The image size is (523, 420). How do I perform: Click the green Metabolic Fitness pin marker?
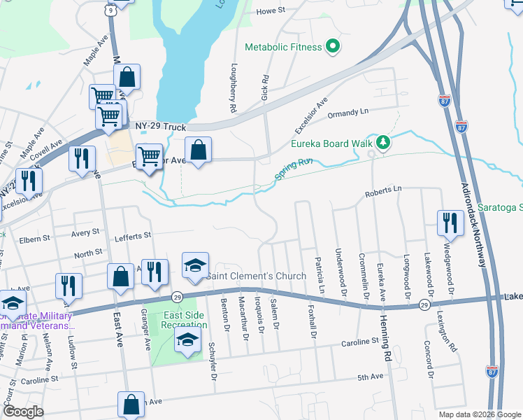(x=333, y=47)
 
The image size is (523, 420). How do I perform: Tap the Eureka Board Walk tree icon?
(x=382, y=143)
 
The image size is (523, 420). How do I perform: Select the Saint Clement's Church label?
(x=256, y=276)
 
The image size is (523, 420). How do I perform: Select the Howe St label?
(x=271, y=11)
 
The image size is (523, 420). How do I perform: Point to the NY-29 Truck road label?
(x=161, y=127)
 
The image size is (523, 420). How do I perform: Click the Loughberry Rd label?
(x=233, y=90)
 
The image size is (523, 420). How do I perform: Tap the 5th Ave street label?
(x=371, y=377)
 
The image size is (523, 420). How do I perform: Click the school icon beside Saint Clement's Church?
(x=196, y=265)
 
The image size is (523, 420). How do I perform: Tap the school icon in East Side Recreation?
(x=187, y=340)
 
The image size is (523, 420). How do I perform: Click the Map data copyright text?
(x=479, y=414)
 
